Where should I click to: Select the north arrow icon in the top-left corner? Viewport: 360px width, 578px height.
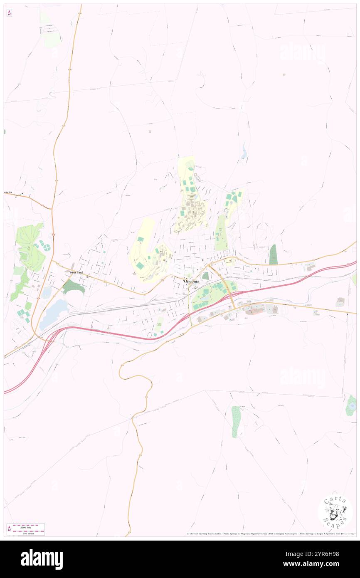click(9, 12)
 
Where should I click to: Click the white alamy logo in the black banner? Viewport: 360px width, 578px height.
click(42, 559)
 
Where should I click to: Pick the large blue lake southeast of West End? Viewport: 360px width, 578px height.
click(54, 314)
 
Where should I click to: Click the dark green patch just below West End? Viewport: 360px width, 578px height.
click(74, 287)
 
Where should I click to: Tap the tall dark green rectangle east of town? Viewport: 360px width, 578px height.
click(273, 254)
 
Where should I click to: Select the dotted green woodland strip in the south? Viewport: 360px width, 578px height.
click(236, 421)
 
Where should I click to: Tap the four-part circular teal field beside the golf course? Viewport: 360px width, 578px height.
click(44, 247)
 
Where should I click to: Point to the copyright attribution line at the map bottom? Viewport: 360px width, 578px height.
click(270, 534)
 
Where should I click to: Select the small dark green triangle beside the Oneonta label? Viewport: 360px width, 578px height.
click(205, 276)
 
